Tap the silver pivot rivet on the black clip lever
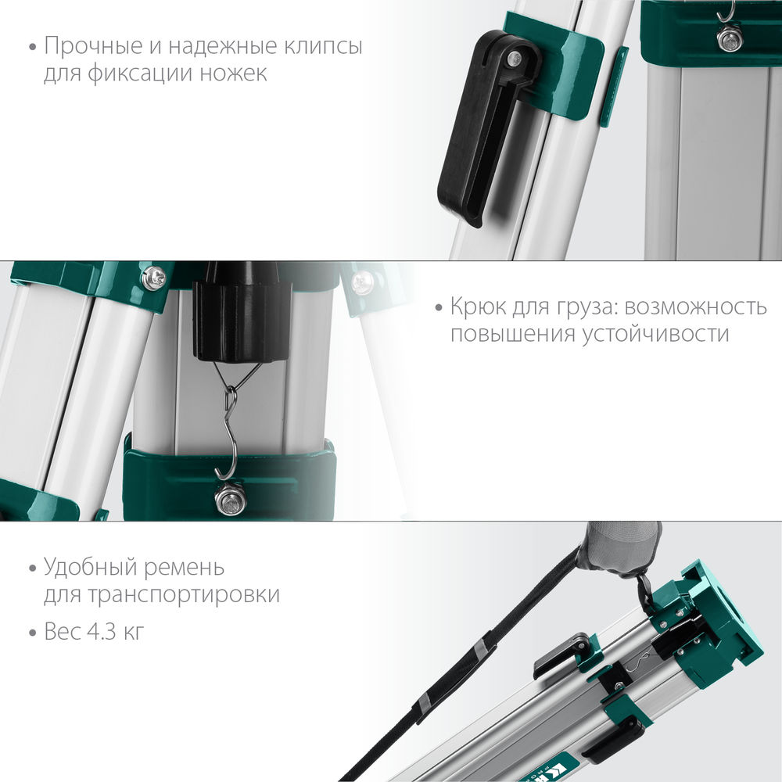click(x=513, y=59)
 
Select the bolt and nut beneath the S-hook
click(x=231, y=498)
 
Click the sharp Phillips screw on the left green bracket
click(x=154, y=277)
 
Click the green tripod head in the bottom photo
click(x=708, y=618)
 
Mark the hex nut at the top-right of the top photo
click(x=730, y=38)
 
